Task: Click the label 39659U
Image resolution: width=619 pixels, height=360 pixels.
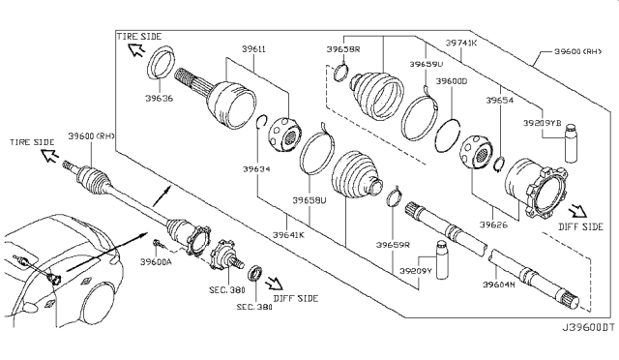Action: [x=427, y=64]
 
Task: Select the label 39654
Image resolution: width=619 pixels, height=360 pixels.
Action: [x=499, y=100]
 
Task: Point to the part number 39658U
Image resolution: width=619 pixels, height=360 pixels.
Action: [x=309, y=202]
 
